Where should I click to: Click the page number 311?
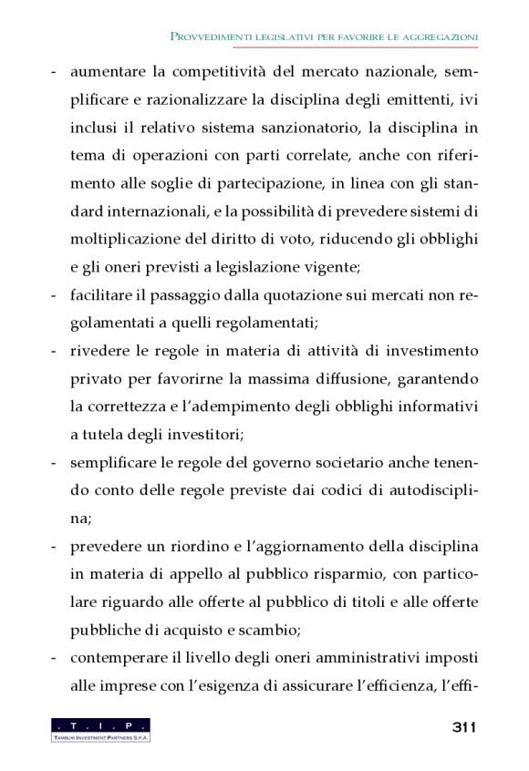pos(464,727)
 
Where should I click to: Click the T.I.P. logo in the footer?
pos(100,729)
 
